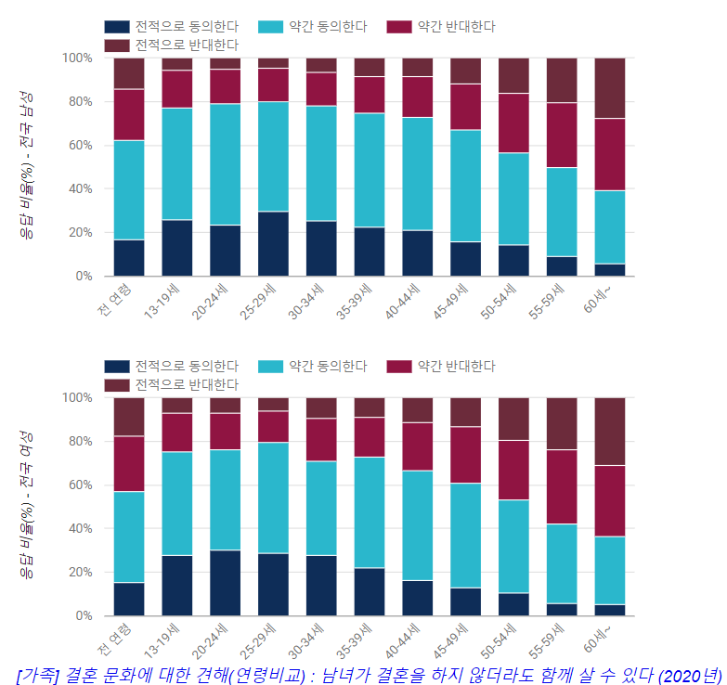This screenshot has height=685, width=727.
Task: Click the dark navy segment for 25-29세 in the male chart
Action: (273, 243)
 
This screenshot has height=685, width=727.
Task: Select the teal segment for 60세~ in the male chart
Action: (610, 226)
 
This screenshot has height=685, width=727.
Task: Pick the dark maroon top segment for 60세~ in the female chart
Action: (610, 431)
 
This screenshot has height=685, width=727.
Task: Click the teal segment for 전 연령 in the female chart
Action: (129, 536)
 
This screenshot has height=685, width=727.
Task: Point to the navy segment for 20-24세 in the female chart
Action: (225, 582)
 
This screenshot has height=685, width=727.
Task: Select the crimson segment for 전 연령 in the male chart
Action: (129, 115)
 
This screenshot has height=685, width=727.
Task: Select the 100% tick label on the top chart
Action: (77, 58)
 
